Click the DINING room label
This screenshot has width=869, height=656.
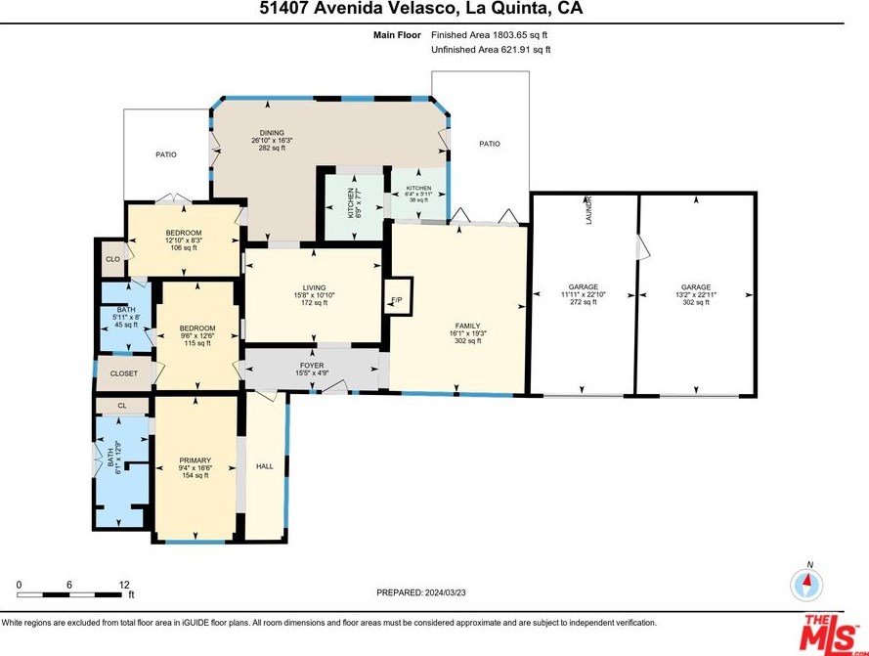click(272, 133)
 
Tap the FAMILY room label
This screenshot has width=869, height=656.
click(468, 327)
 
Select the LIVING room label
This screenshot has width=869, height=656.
click(314, 287)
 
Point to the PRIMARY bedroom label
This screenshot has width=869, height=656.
click(196, 460)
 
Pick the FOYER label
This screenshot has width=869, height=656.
click(312, 366)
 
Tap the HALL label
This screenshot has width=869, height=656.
click(264, 466)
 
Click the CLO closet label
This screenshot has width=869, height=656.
click(113, 259)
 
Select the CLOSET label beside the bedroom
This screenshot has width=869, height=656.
click(123, 373)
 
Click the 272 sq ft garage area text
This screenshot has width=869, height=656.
click(583, 302)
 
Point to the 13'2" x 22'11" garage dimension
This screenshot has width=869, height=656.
click(696, 295)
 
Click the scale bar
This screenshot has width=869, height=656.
click(68, 595)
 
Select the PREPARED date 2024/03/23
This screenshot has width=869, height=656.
click(445, 592)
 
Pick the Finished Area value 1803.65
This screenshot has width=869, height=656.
click(508, 35)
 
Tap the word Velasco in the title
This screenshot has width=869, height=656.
click(420, 9)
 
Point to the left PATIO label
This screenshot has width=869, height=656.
click(166, 154)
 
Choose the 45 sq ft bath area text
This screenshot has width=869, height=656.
click(126, 325)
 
